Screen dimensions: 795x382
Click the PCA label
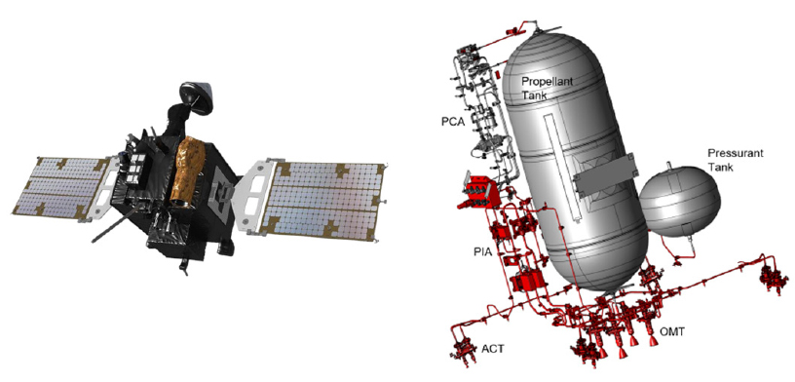click(454, 122)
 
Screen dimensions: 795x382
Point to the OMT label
click(672, 331)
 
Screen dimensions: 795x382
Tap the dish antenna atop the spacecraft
click(197, 96)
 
